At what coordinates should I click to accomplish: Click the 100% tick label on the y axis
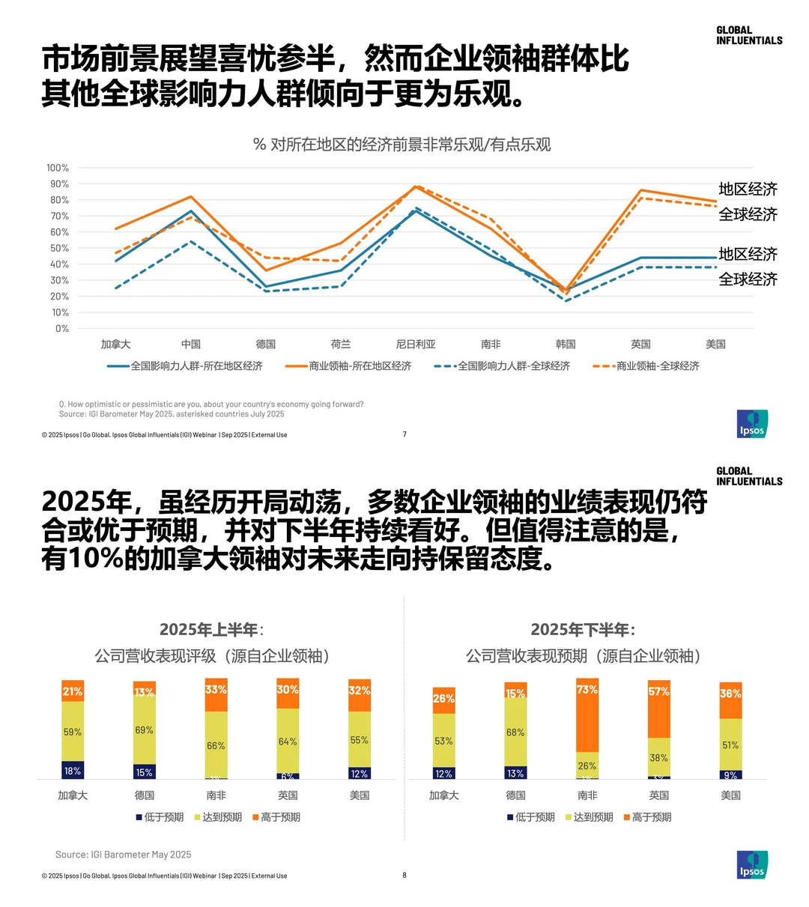(x=58, y=168)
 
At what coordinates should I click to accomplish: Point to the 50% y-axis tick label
(x=59, y=248)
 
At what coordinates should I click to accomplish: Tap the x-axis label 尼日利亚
(x=416, y=345)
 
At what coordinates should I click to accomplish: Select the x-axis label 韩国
(x=566, y=345)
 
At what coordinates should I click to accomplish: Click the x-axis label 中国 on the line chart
(x=191, y=345)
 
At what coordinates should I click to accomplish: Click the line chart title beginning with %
(x=402, y=145)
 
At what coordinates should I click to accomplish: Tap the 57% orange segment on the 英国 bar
(x=659, y=709)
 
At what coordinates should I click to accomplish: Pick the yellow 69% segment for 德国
(x=145, y=729)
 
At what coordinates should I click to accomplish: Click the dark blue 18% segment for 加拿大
(x=73, y=771)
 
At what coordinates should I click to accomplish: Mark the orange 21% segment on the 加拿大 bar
(x=73, y=691)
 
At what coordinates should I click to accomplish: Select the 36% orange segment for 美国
(x=730, y=700)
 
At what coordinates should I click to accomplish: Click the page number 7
(x=404, y=434)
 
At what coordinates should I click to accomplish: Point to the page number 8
(x=404, y=875)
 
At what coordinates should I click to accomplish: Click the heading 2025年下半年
(x=583, y=629)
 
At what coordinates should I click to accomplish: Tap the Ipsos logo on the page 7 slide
(x=752, y=424)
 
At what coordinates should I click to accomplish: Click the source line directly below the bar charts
(x=123, y=855)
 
